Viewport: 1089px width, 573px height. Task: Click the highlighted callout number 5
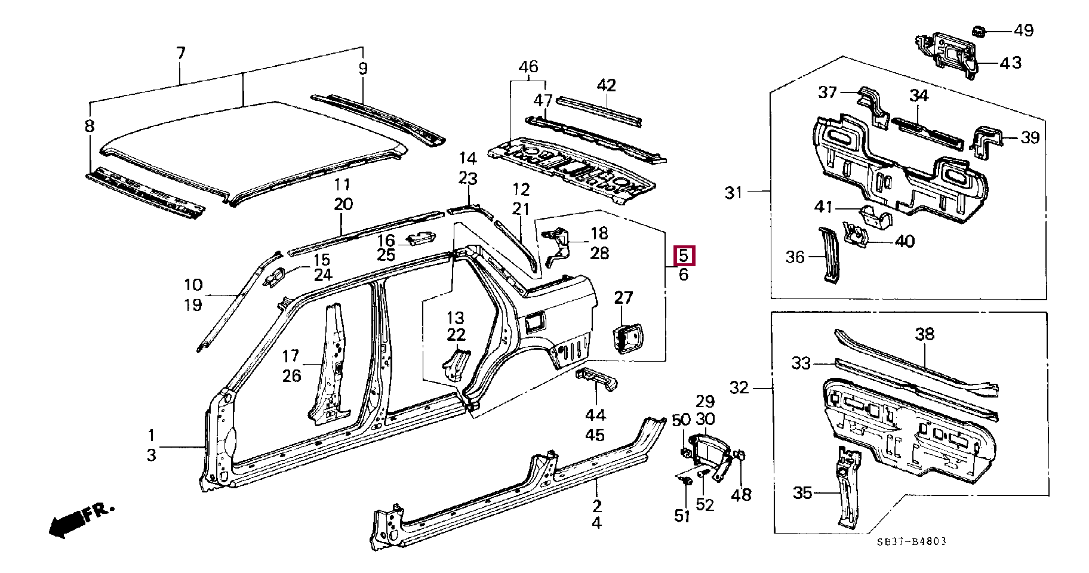(684, 256)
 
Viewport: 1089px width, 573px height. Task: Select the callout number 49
(1023, 30)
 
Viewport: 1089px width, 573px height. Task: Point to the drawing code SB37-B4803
(912, 542)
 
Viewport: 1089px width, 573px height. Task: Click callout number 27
(623, 297)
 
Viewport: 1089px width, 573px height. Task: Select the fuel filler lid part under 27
(627, 339)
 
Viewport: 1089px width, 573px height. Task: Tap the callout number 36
(795, 257)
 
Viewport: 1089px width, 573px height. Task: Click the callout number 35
(803, 493)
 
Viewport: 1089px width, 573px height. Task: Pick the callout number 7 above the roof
(180, 53)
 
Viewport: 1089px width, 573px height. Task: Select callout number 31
(734, 192)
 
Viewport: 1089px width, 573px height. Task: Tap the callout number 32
(739, 388)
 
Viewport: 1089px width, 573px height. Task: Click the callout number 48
(741, 494)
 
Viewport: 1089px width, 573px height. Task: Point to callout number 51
(682, 516)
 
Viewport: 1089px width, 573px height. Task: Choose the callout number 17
(291, 356)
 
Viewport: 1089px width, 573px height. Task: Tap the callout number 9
(363, 68)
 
